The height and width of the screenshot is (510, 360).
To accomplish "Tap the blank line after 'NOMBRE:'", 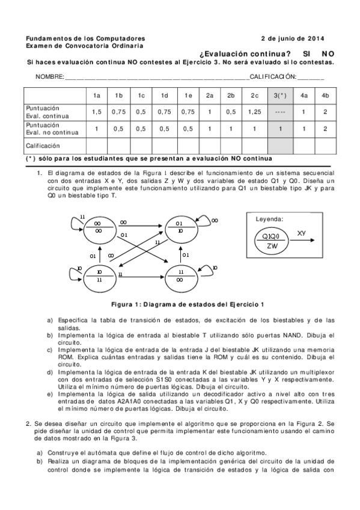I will point(156,78).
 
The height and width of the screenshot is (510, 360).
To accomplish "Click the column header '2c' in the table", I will point(255,96).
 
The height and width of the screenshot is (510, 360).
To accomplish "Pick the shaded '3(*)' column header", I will point(279,96).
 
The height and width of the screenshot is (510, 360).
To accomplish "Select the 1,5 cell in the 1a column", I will point(97,112).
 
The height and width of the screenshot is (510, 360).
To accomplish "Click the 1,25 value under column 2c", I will point(255,112).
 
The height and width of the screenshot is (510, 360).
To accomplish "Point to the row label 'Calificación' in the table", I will point(43,146).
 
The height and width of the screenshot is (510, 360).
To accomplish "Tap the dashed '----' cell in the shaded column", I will point(279,112).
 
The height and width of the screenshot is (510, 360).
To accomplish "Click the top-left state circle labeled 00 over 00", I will point(97,227).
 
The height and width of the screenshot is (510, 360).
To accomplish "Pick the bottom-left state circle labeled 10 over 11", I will point(99,275).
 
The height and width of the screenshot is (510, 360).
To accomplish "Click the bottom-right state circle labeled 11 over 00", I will point(180,275).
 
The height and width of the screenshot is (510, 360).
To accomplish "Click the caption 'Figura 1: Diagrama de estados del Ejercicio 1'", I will point(180,304).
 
